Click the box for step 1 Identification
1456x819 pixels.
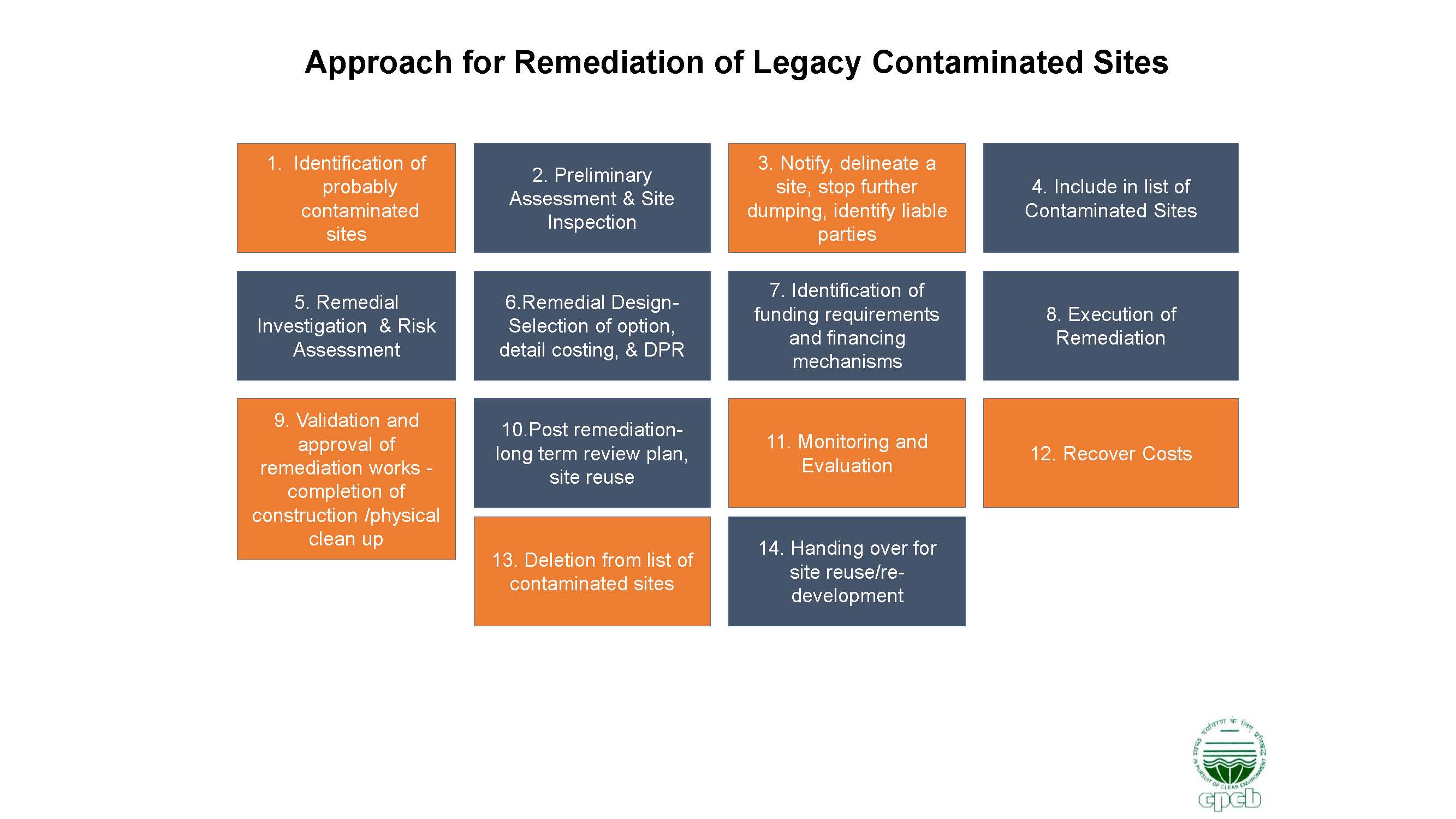coord(346,198)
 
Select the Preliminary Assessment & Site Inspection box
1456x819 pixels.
coord(592,198)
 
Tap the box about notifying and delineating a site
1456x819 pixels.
coord(847,198)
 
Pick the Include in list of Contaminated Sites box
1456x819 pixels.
coord(1110,198)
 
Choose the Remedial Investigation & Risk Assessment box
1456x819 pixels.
coord(346,325)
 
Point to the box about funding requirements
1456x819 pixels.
coord(847,325)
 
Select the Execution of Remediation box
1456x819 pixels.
coord(1110,325)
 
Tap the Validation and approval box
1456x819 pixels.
coord(346,479)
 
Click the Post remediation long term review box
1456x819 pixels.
coord(592,453)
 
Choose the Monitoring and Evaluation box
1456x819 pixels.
coord(847,453)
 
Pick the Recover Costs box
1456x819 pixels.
coord(1110,453)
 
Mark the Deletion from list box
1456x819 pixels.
coord(592,572)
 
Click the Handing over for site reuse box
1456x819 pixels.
coord(847,572)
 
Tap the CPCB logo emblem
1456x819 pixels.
coord(1230,763)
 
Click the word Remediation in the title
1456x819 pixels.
coord(608,62)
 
